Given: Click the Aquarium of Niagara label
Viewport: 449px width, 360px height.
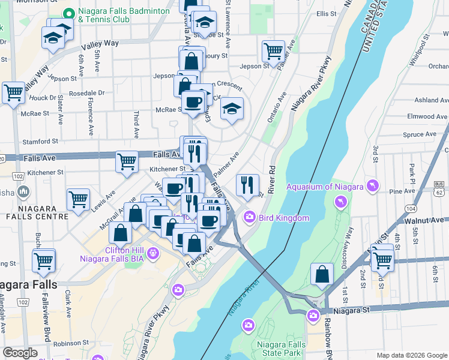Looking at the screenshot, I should [x=325, y=187].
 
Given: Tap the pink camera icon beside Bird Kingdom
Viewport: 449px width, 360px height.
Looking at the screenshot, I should [x=248, y=217].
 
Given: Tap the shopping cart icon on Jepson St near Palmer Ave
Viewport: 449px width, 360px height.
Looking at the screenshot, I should [x=273, y=52].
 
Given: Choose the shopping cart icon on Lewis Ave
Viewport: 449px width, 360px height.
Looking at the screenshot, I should [x=78, y=200].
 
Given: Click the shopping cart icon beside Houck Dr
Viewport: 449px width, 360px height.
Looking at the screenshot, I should [x=13, y=93].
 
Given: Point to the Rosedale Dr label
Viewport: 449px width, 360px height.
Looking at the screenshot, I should [x=86, y=93].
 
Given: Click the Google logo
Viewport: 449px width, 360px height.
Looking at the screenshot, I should [x=20, y=353].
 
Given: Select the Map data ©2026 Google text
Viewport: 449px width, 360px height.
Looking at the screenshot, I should [x=411, y=355].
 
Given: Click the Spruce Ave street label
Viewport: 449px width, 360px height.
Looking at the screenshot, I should [x=420, y=135].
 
